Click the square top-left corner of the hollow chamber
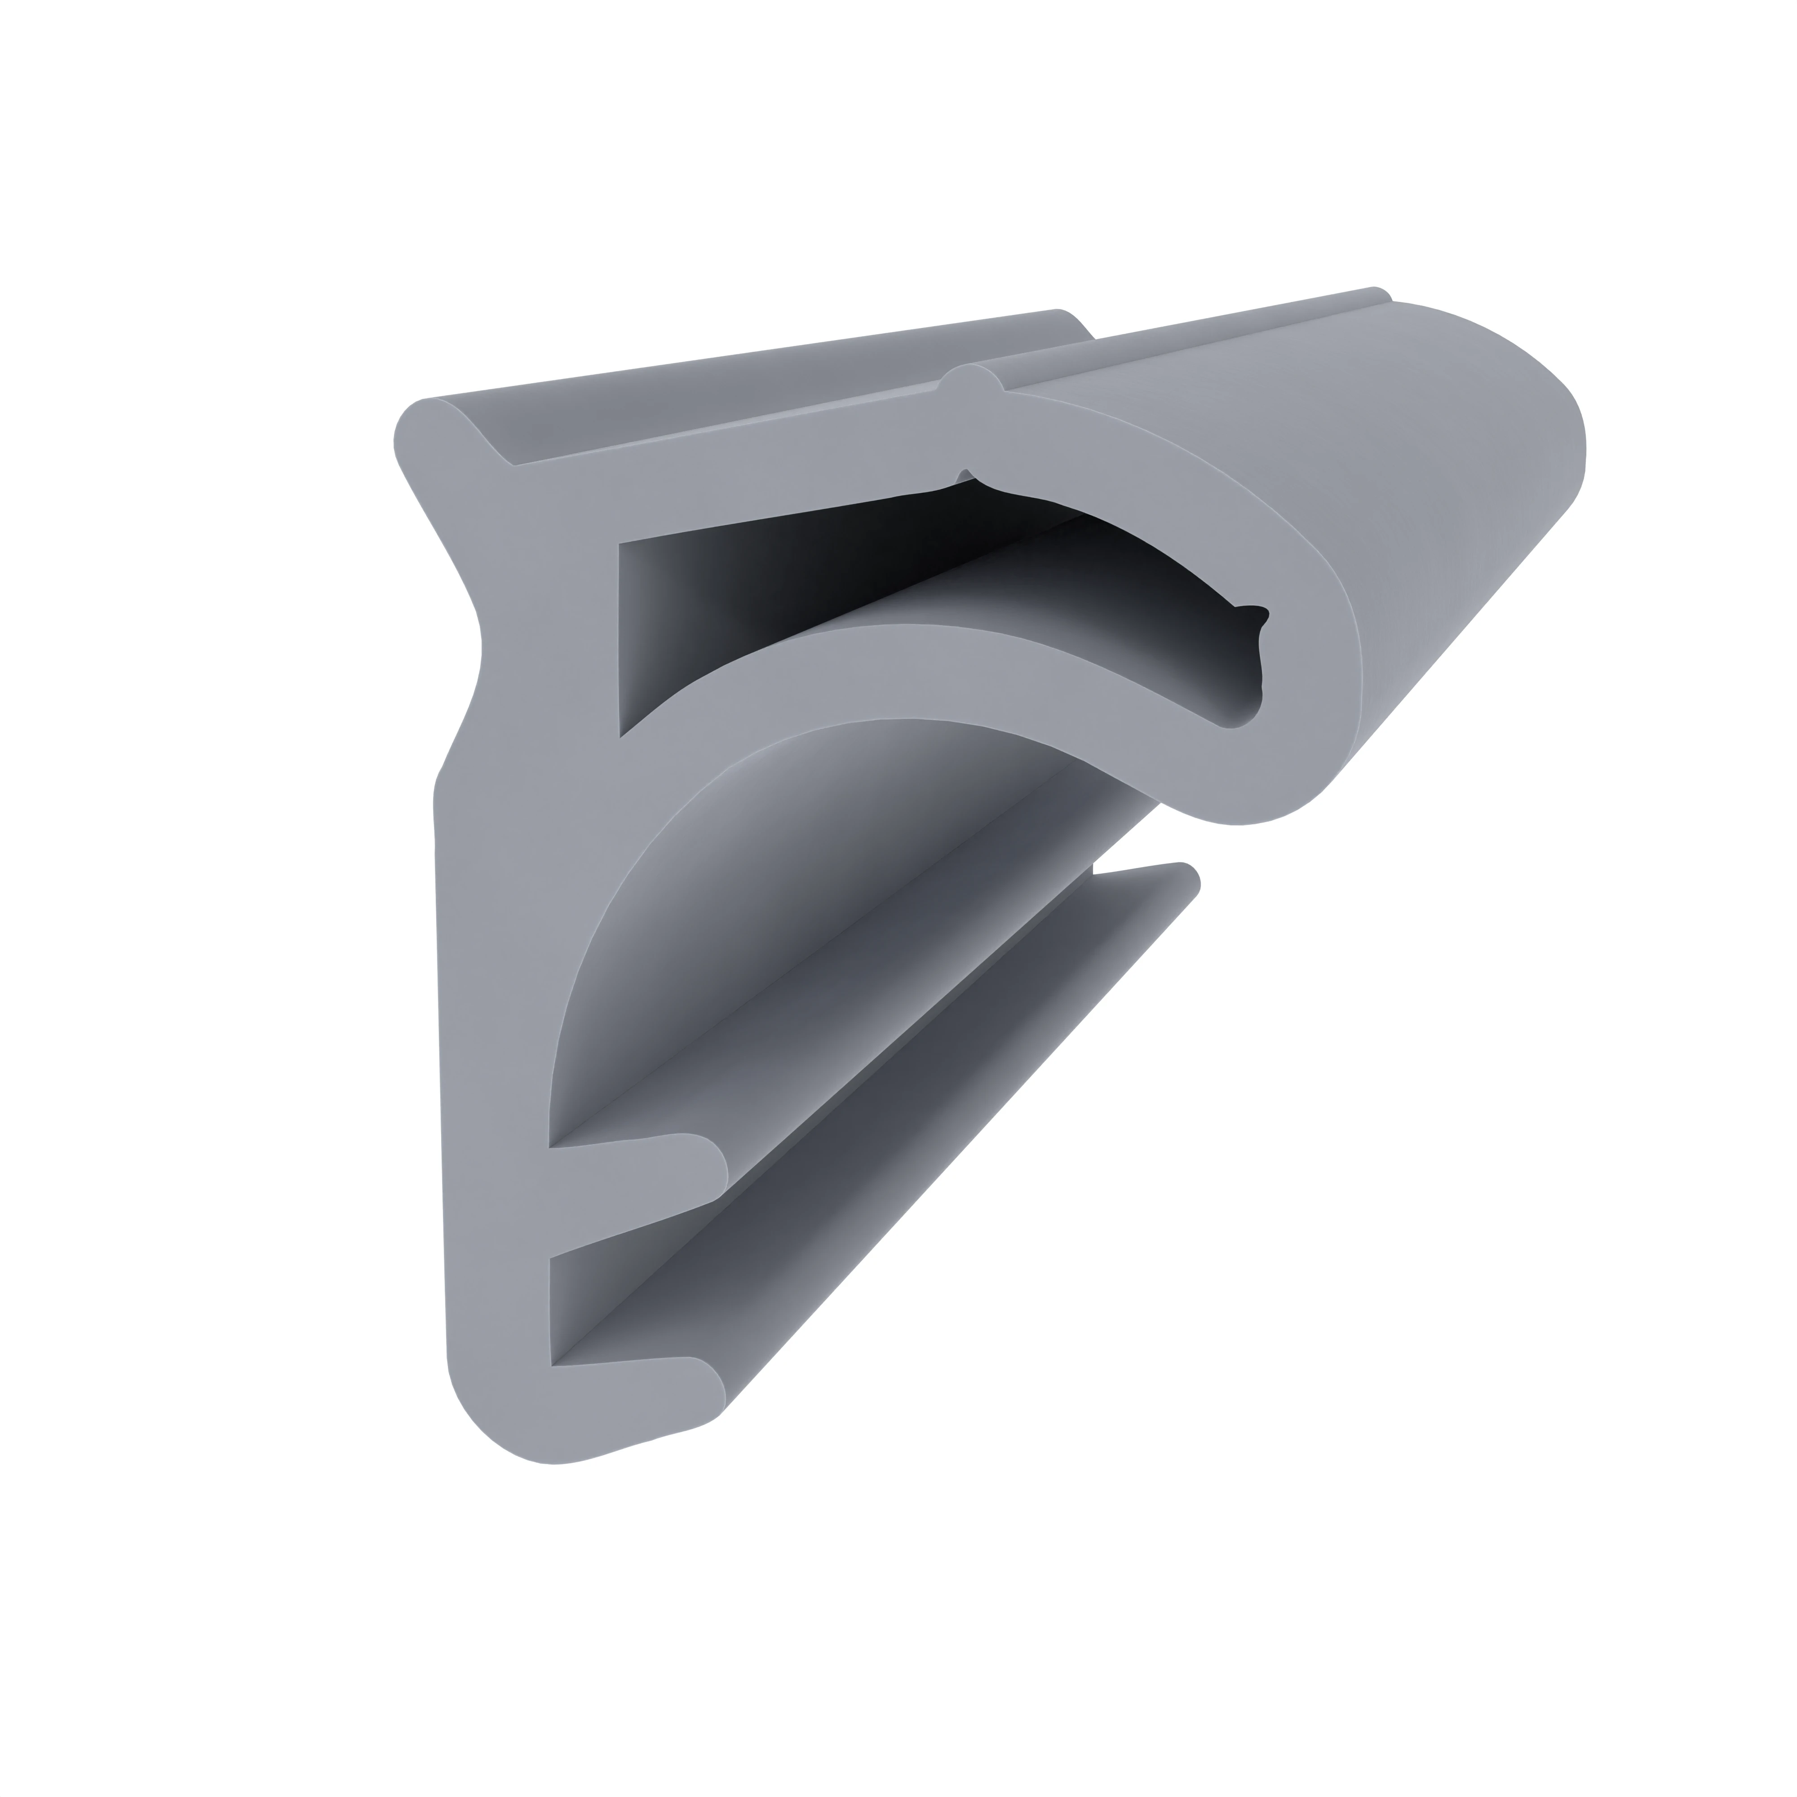625,549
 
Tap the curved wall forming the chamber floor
930,670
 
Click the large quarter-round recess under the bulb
744,930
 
